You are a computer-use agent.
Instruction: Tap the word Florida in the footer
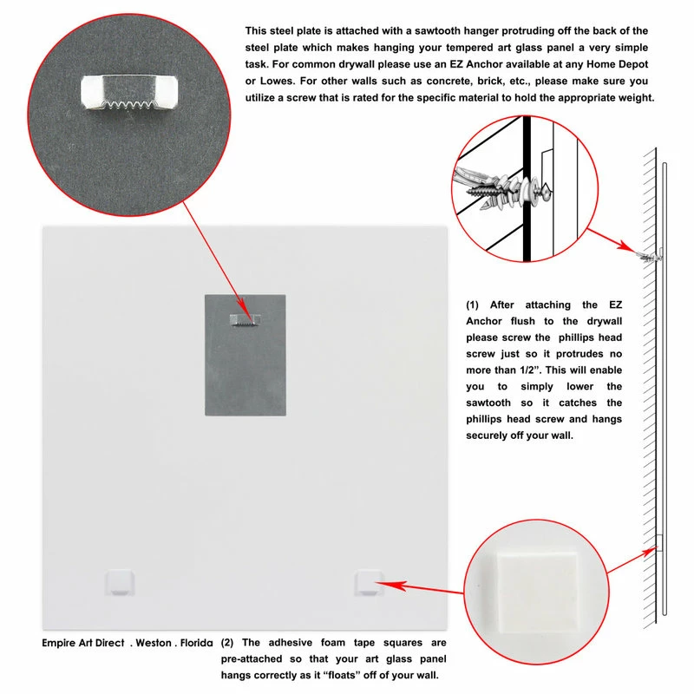(198, 644)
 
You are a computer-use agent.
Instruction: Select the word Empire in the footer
(62, 644)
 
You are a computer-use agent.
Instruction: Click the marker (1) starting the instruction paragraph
(474, 304)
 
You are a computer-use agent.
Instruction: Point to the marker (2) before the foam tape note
(227, 644)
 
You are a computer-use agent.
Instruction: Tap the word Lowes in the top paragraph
(261, 82)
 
